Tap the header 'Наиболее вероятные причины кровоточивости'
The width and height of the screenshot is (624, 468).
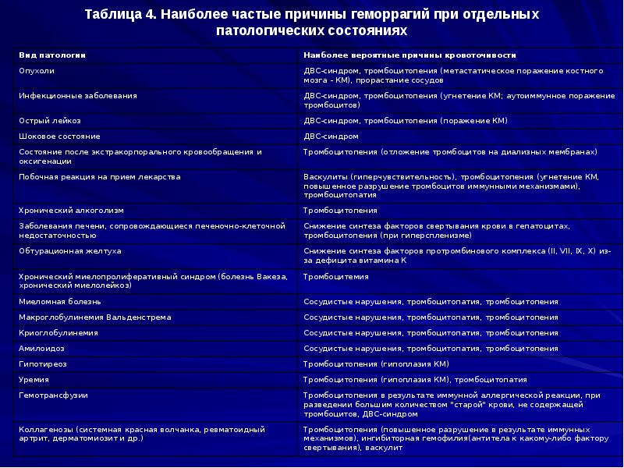409,55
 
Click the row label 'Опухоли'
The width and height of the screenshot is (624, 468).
37,70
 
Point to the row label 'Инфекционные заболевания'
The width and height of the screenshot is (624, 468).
77,95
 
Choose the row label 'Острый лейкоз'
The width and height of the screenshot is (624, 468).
49,121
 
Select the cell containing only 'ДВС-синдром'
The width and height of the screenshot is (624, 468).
331,136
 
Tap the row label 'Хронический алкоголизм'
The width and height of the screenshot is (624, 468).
70,211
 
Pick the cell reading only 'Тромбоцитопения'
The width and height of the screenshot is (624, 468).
340,211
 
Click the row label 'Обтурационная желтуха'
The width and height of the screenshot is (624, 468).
69,251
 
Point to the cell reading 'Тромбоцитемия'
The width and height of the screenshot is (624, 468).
335,276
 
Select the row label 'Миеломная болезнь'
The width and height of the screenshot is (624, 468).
59,301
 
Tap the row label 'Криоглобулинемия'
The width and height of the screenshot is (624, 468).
58,333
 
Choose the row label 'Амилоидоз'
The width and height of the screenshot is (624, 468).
41,349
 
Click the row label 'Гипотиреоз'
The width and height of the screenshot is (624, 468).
43,364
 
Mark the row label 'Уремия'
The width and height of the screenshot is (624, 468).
34,379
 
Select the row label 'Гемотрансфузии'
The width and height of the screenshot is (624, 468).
53,395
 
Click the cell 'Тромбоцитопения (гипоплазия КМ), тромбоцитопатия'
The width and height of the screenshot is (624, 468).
415,379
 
